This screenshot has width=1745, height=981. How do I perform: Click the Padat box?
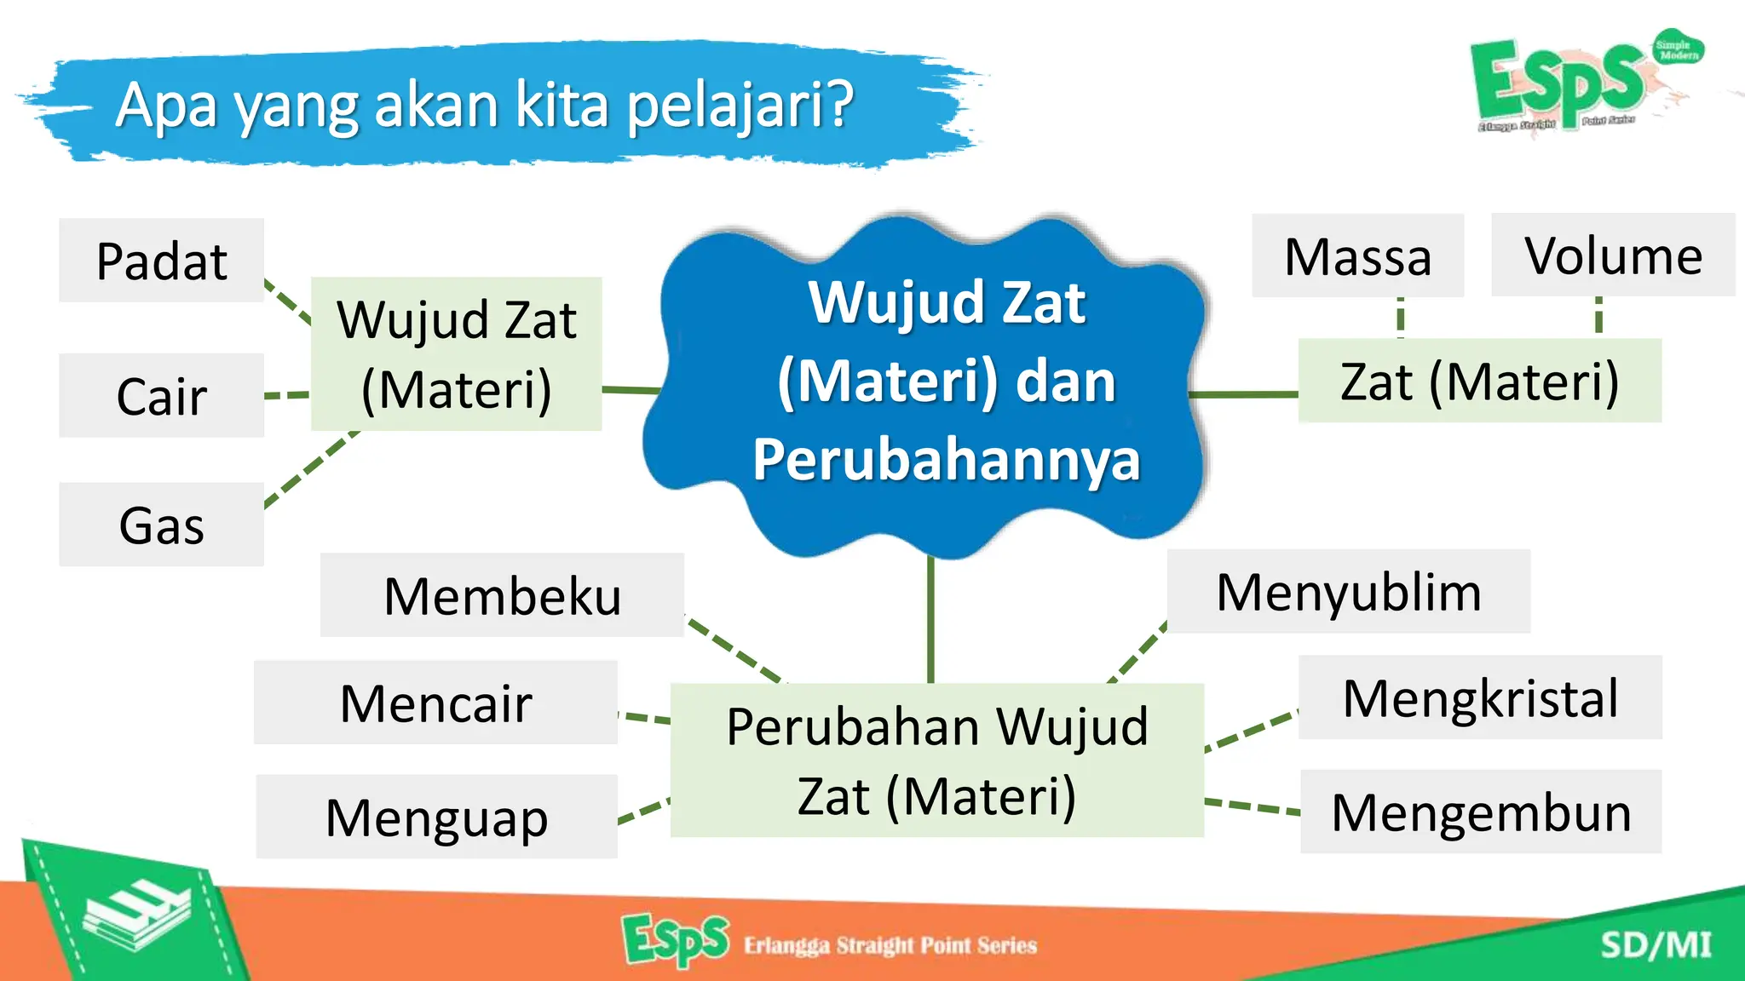pos(161,261)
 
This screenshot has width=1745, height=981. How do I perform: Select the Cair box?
pos(161,396)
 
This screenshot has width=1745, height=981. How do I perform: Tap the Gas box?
pos(161,525)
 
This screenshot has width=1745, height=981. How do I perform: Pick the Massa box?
pos(1357,256)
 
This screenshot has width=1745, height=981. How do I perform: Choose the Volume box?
pos(1613,255)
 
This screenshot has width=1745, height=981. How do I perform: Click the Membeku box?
pos(502,595)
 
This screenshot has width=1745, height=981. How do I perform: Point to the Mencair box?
pos(435,703)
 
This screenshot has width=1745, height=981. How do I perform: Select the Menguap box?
pos(436,817)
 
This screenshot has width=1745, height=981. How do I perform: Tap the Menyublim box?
pos(1349,591)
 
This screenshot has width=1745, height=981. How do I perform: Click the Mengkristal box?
pos(1480,697)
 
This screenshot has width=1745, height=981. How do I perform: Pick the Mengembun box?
pos(1481,812)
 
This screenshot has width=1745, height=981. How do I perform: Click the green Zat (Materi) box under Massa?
pos(1479,381)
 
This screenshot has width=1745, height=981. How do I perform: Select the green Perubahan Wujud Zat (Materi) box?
pos(936,760)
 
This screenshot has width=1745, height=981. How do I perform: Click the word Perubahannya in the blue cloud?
pos(946,459)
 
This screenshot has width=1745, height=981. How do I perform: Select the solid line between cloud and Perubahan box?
pos(930,620)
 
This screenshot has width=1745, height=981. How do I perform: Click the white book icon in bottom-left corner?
pos(136,914)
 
